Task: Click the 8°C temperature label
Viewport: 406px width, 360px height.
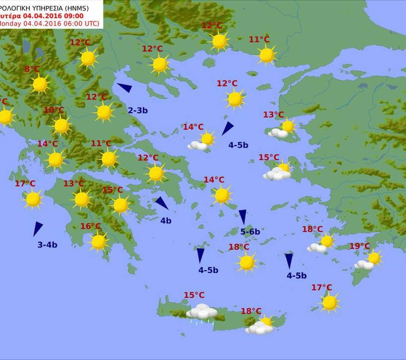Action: coord(32,69)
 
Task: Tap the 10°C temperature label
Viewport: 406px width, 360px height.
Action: coord(54,110)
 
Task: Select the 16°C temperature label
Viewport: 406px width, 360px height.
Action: coord(91,226)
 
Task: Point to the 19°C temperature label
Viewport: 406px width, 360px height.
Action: coord(359,246)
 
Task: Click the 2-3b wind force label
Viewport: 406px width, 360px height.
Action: coord(138,110)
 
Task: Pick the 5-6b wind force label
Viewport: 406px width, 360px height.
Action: coord(250,231)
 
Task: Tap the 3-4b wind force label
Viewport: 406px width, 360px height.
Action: coord(48,245)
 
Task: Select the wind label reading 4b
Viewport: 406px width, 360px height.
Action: coord(165,221)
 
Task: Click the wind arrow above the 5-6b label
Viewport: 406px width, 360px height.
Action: coord(243,216)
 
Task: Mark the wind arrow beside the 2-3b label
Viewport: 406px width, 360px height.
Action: coord(125,88)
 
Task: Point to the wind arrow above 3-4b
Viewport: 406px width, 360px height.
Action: coord(37,228)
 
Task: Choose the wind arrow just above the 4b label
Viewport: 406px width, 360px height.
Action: coord(161,203)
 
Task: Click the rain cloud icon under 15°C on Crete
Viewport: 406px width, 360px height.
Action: coord(201,312)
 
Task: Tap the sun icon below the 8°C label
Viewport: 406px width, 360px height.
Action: coord(40,84)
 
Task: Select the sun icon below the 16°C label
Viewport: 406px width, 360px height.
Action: coord(99,242)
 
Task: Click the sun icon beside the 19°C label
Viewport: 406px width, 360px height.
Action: coord(374,257)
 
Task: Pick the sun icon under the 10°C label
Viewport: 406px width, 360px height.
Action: coord(61,126)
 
